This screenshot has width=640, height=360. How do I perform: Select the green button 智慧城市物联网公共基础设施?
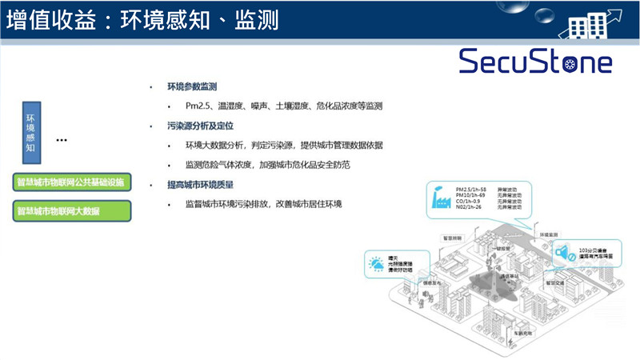(x=72, y=182)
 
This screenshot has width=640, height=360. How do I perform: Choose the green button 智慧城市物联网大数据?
(x=72, y=211)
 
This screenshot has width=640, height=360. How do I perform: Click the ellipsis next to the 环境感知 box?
(x=62, y=141)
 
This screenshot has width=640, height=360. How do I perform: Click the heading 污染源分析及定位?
(x=197, y=126)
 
